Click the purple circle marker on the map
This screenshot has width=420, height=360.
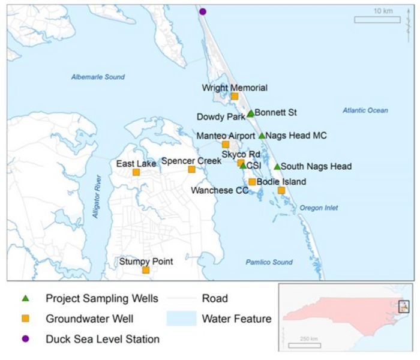pyautogui.click(x=203, y=11)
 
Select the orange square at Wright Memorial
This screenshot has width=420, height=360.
pyautogui.click(x=235, y=96)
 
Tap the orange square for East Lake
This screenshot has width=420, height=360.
pyautogui.click(x=136, y=172)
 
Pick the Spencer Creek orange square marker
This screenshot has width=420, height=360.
pyautogui.click(x=191, y=169)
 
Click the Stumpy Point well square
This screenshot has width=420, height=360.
pyautogui.click(x=146, y=270)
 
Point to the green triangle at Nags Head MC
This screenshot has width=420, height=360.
pyautogui.click(x=262, y=136)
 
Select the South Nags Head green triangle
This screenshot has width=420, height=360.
pyautogui.click(x=277, y=167)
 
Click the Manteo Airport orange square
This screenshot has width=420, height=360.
pyautogui.click(x=226, y=145)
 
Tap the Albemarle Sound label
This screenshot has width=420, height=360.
pyautogui.click(x=98, y=77)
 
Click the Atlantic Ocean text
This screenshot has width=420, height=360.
pyautogui.click(x=365, y=110)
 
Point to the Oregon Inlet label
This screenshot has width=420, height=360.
pyautogui.click(x=319, y=208)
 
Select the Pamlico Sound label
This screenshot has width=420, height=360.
pyautogui.click(x=269, y=262)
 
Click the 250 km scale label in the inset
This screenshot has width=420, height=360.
pyautogui.click(x=309, y=340)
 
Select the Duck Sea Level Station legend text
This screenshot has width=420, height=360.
pyautogui.click(x=103, y=340)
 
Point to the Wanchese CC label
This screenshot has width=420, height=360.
pyautogui.click(x=220, y=191)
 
